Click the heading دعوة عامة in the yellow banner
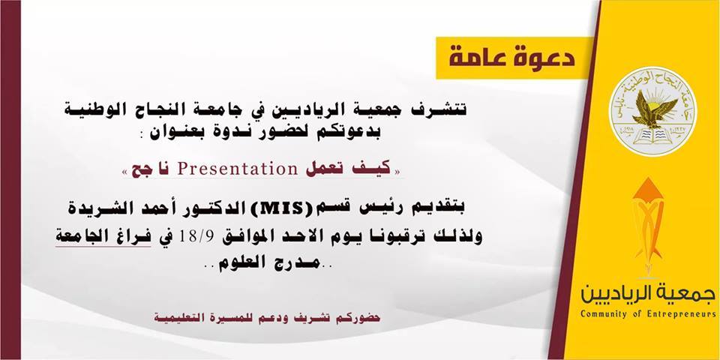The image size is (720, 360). (511, 58)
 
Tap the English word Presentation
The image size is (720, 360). (238, 169)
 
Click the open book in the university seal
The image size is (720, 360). (652, 136)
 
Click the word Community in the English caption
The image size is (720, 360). (601, 314)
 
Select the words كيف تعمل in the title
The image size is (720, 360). (349, 169)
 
